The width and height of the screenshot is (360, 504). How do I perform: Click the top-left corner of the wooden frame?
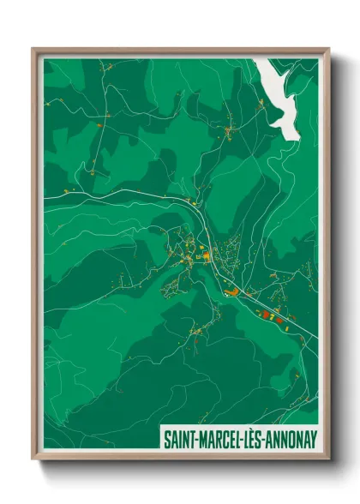tap(33, 49)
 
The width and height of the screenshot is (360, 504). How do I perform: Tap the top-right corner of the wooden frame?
tap(328, 49)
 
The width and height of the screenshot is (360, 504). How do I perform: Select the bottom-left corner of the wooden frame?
tap(33, 461)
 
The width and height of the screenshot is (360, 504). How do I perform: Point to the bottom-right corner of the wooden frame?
tap(328, 461)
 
